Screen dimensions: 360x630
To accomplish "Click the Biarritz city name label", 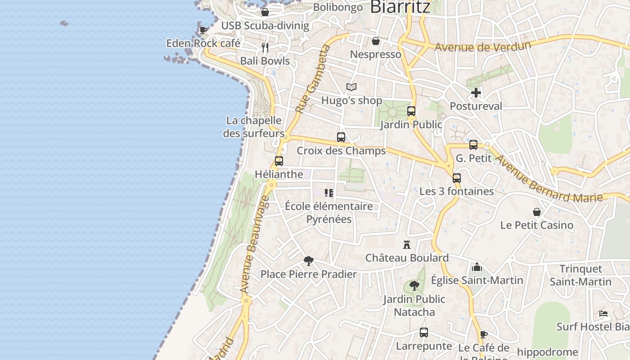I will point(400,6).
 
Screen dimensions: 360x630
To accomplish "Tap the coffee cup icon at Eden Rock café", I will point(203,30).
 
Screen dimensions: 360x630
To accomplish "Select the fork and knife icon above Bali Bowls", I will point(265,47).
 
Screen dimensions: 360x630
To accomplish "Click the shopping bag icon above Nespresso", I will point(376,41).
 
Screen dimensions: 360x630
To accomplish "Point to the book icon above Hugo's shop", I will point(351,87).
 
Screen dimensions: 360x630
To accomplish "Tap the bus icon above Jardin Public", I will point(411,111).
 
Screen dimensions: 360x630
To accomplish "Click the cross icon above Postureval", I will point(476,93).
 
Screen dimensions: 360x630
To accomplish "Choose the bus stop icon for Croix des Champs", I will point(341,137).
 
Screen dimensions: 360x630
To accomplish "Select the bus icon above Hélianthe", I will point(279,161).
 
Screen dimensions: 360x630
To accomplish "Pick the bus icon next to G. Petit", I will point(473,145).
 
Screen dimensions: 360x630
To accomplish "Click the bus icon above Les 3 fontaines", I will point(457,178).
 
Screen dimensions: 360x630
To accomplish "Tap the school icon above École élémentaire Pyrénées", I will point(329,193).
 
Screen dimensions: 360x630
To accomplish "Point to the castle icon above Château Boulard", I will point(407,244).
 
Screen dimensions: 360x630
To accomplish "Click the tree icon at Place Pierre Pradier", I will point(308,261).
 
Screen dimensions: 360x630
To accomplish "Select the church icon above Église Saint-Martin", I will point(477,267).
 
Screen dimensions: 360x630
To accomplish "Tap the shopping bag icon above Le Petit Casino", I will point(537,211).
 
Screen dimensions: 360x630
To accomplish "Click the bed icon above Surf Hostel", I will point(604,313).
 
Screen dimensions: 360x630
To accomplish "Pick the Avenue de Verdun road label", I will point(483,46).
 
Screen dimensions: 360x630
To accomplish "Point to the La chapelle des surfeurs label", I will point(254,127).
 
